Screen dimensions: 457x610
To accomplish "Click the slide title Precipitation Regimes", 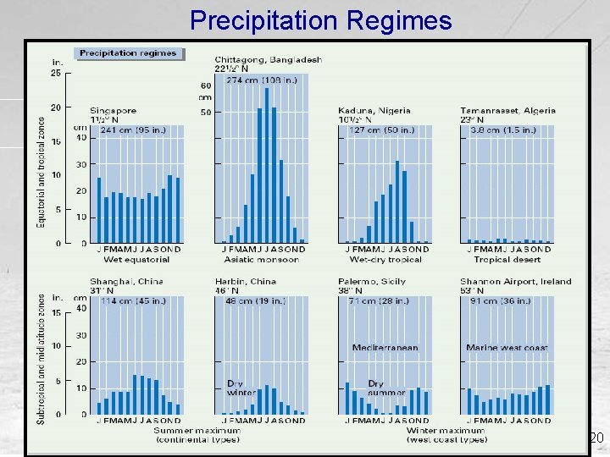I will (x=321, y=19).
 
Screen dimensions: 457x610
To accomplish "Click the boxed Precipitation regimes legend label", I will (x=128, y=53).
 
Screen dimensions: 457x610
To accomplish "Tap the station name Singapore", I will (x=114, y=111).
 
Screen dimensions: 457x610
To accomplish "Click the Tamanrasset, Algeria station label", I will (x=507, y=111).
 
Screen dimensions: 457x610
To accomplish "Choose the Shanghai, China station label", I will (x=126, y=282).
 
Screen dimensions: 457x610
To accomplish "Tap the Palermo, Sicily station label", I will (x=374, y=282).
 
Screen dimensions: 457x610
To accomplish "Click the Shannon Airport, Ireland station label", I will (x=515, y=282).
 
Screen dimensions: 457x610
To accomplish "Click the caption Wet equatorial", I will (x=135, y=260).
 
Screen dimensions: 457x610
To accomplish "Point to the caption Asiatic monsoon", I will (x=260, y=260).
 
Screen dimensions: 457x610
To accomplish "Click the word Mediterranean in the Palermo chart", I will (x=385, y=348).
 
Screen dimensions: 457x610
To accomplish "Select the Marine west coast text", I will (x=507, y=348).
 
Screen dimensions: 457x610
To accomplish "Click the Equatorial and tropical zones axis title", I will (x=41, y=172).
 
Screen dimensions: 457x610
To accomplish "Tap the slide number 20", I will (x=596, y=438).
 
